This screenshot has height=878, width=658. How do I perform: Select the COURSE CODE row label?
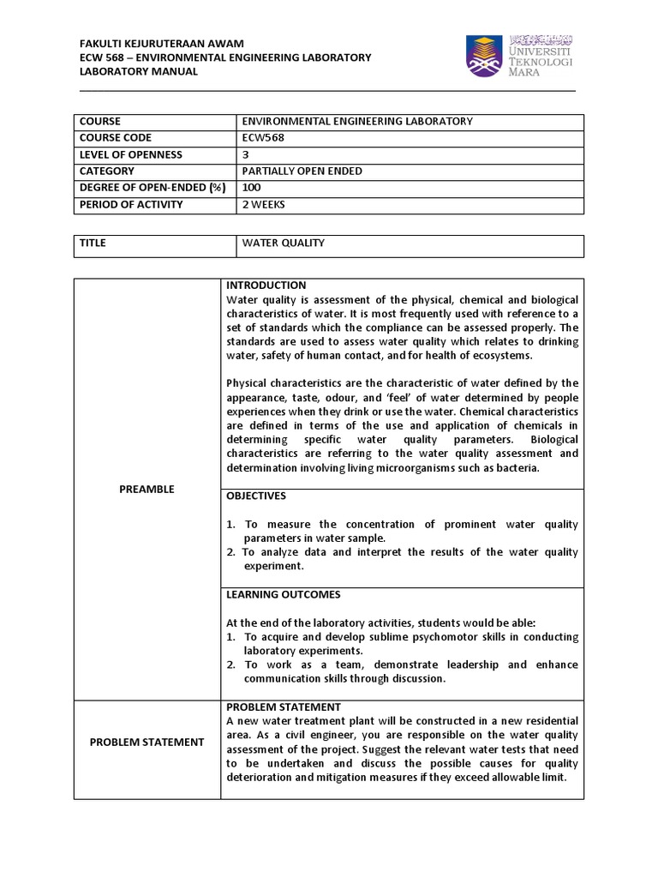pos(115,138)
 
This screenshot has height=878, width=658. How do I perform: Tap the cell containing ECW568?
pos(263,138)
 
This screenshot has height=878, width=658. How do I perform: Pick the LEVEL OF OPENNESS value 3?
pos(247,154)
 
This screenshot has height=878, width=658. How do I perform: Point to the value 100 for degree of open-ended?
pos(252,188)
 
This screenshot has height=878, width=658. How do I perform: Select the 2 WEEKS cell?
pos(264,205)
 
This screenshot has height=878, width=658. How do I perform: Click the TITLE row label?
pos(93,244)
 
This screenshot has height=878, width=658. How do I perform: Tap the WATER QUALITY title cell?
pos(284,244)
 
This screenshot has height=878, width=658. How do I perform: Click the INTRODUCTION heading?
pos(266,286)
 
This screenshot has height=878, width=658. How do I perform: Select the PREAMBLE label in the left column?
pos(147,489)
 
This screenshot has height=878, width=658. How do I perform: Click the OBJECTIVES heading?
pos(256,496)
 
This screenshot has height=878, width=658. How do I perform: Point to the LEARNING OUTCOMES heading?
pos(283,594)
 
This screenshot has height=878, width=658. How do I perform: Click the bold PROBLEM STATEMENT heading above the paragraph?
pos(283,707)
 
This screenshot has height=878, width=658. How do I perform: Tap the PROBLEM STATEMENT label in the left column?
pos(147,742)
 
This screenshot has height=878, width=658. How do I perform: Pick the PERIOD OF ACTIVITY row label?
pos(131,205)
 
